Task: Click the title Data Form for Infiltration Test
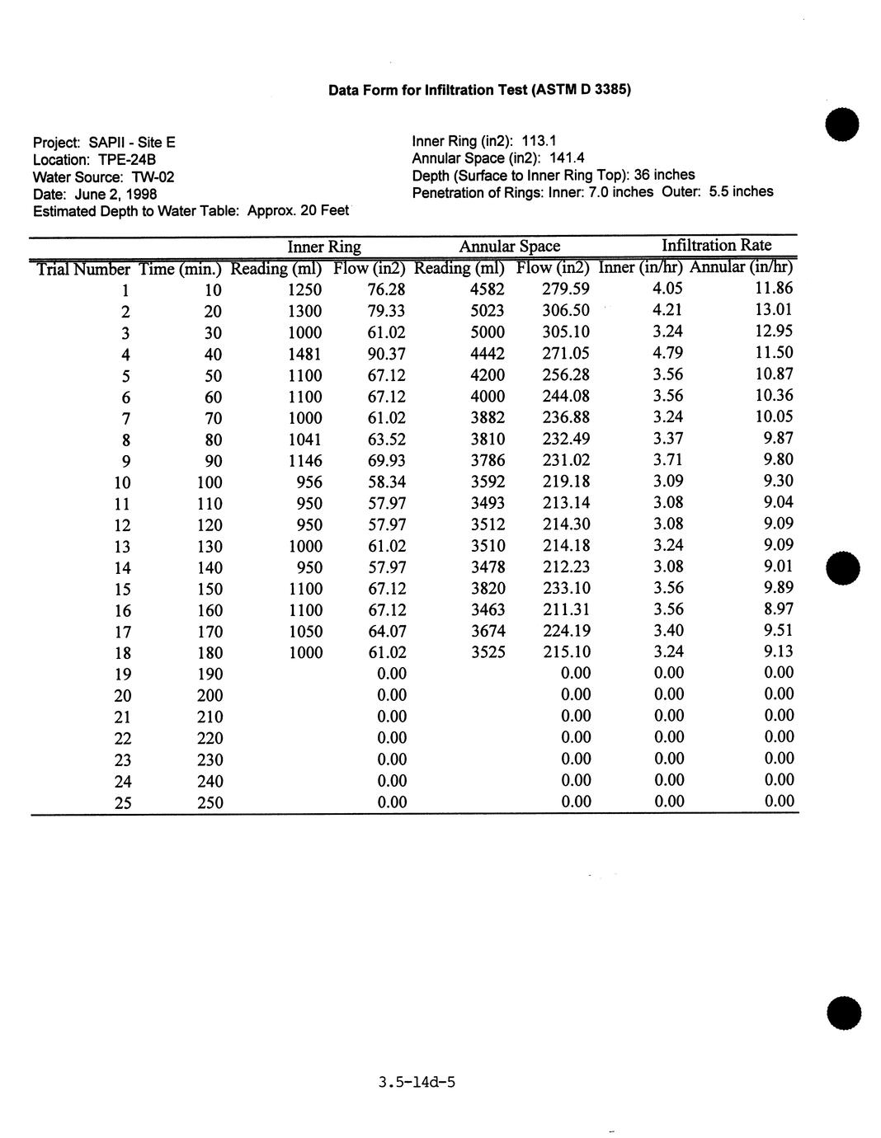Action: (x=479, y=90)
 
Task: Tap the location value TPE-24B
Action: (x=127, y=159)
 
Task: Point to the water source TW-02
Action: (x=153, y=177)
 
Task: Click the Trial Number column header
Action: (x=82, y=269)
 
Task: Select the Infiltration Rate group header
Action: (x=716, y=245)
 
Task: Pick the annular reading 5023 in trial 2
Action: (x=487, y=311)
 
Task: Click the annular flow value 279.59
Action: (x=566, y=289)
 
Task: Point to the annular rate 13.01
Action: (x=773, y=310)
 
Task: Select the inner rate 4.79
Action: (x=667, y=353)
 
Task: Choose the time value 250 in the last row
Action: (x=210, y=802)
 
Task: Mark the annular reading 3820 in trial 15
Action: (x=487, y=589)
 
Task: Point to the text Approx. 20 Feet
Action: (x=299, y=211)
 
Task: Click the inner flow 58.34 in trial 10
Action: (x=386, y=482)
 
